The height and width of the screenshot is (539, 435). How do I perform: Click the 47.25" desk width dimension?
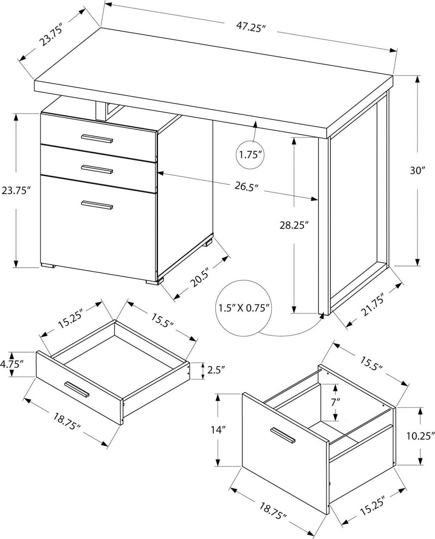click(x=251, y=27)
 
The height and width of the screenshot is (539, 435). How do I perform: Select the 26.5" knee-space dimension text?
click(x=246, y=186)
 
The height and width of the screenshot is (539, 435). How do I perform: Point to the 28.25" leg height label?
click(x=295, y=225)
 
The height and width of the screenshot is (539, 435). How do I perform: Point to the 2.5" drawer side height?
click(x=216, y=370)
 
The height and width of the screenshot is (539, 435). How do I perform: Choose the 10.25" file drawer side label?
click(x=420, y=436)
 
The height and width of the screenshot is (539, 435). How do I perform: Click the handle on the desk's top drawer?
click(x=97, y=139)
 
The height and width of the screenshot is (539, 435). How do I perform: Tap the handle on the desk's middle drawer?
click(x=97, y=169)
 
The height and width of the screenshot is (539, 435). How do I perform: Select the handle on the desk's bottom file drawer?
click(x=97, y=205)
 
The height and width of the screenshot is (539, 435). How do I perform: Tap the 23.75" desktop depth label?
click(x=51, y=36)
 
